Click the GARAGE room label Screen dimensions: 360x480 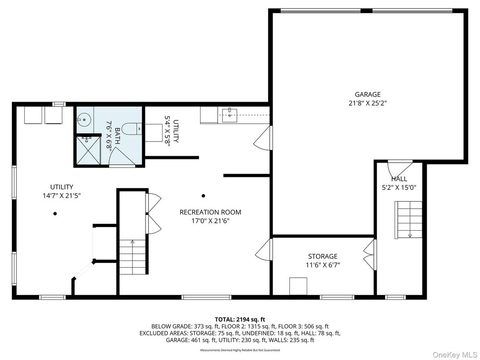pyautogui.click(x=368, y=94)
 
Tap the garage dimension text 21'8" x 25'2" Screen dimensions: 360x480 pyautogui.click(x=368, y=103)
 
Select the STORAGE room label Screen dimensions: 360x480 pyautogui.click(x=322, y=257)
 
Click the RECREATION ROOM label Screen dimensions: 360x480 pyautogui.click(x=210, y=212)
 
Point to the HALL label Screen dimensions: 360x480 pyautogui.click(x=399, y=179)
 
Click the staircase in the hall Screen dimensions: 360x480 pyautogui.click(x=409, y=220)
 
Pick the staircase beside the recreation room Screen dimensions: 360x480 pyautogui.click(x=133, y=257)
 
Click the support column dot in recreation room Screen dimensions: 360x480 pyautogui.click(x=203, y=196)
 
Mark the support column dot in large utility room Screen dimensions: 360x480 pyautogui.click(x=55, y=214)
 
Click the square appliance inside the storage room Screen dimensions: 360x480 pyautogui.click(x=298, y=286)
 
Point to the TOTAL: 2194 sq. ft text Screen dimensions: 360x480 pyautogui.click(x=240, y=319)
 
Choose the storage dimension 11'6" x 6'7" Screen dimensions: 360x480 pyautogui.click(x=322, y=265)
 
